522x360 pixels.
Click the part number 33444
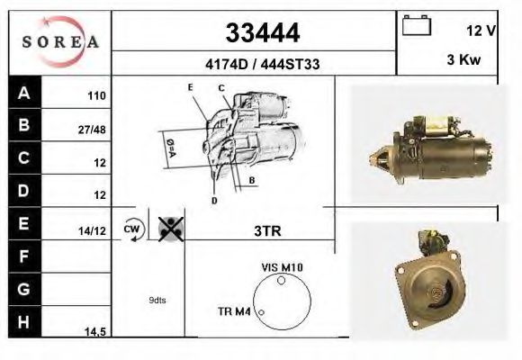(x=262, y=33)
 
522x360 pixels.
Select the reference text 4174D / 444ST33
(x=261, y=65)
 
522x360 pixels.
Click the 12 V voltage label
(x=481, y=30)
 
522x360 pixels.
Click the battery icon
(x=417, y=26)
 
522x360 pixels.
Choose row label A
(x=24, y=93)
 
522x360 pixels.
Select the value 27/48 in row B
(x=94, y=129)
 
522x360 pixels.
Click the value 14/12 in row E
(x=93, y=231)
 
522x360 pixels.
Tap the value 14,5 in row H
(x=94, y=332)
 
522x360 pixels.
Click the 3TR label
(x=267, y=230)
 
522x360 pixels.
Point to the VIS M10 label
(x=283, y=267)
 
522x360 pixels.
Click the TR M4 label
(x=234, y=311)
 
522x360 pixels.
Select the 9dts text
(x=157, y=301)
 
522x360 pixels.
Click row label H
(x=24, y=322)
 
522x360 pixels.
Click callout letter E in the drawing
(x=191, y=86)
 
